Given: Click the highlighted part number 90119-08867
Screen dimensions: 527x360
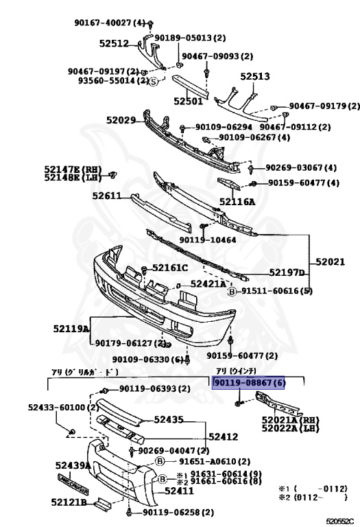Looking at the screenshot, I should point(249,383).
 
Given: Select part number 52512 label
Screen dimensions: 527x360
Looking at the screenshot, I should point(113,43).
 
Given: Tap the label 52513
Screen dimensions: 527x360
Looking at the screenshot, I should point(254,78).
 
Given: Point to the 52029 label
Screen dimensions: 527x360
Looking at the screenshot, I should point(121,120).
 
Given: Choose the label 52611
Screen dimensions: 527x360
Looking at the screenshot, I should point(107,196).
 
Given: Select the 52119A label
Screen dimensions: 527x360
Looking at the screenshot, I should point(71,329).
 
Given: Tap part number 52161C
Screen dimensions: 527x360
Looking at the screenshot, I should point(169,268).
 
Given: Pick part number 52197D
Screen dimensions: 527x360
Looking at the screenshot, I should point(287,272).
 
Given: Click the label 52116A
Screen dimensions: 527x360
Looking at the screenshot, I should point(237,202).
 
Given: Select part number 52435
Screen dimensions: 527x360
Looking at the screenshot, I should point(169,419).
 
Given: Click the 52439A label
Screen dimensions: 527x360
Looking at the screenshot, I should point(73,465).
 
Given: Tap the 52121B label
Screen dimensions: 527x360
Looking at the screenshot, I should point(70,502).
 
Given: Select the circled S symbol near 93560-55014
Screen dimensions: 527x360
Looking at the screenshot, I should point(154,80).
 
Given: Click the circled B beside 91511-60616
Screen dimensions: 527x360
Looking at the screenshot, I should point(232,291).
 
